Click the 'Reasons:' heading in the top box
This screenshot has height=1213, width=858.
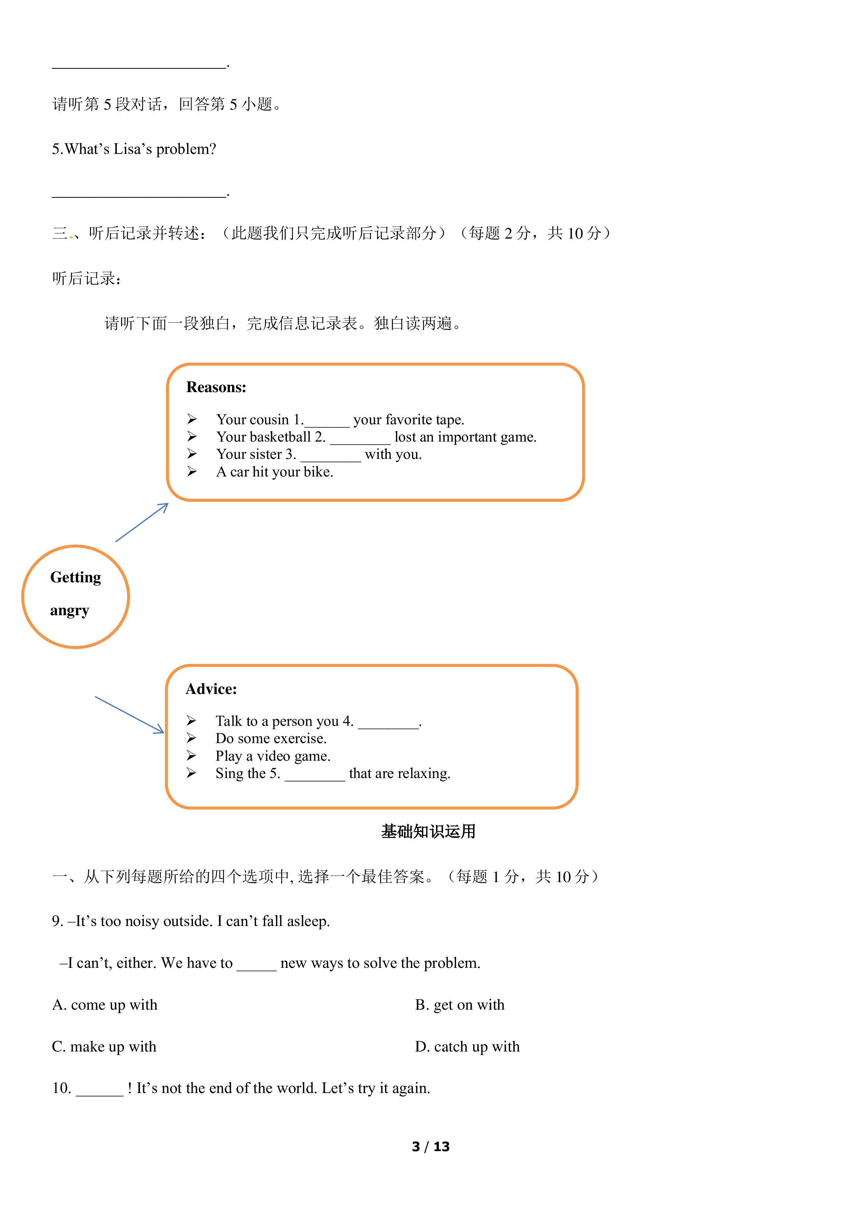tap(216, 387)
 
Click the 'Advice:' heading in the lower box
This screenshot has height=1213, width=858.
tap(211, 689)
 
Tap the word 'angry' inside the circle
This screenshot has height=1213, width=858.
tap(70, 611)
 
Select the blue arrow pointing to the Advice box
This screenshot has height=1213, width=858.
tap(129, 715)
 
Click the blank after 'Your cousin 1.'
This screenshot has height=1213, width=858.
tap(327, 426)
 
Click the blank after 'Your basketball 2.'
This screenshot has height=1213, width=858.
tap(360, 443)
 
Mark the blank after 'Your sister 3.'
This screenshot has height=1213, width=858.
tap(331, 461)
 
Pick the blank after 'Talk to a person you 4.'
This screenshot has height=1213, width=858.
tap(388, 728)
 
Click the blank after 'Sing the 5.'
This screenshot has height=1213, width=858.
tap(315, 780)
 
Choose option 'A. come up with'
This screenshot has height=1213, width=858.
tap(104, 1005)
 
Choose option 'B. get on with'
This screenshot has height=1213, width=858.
tap(460, 1005)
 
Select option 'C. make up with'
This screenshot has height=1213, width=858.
tap(104, 1047)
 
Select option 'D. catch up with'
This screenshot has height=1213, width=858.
tap(467, 1047)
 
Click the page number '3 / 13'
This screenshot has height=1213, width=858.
tap(431, 1146)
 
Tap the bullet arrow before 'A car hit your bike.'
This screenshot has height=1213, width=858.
tap(192, 471)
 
